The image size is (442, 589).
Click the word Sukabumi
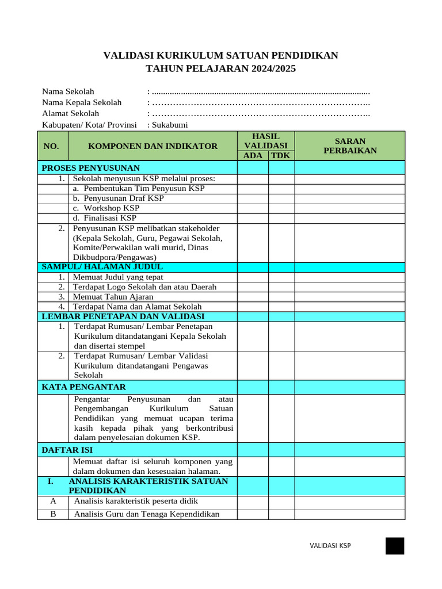point(170,125)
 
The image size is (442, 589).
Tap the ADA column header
point(253,155)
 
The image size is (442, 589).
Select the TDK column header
point(281,155)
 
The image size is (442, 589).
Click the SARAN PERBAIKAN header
point(350,146)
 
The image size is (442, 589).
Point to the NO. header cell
point(51,146)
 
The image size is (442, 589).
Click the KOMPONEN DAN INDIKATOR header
point(153,146)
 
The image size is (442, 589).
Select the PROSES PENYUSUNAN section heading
point(91,168)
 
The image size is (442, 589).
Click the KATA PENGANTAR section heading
point(84,387)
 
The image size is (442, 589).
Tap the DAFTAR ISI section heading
point(67,450)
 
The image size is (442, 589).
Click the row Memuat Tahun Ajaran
point(113,297)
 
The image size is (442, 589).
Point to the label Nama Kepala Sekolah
point(82,102)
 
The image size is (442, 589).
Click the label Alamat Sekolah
point(70,113)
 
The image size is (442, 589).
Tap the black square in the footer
point(395,546)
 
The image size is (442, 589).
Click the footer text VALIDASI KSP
point(330,546)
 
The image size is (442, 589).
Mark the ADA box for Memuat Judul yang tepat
point(253,277)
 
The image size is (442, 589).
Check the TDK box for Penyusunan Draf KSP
point(281,198)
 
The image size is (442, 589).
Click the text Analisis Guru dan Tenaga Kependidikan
point(147,514)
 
